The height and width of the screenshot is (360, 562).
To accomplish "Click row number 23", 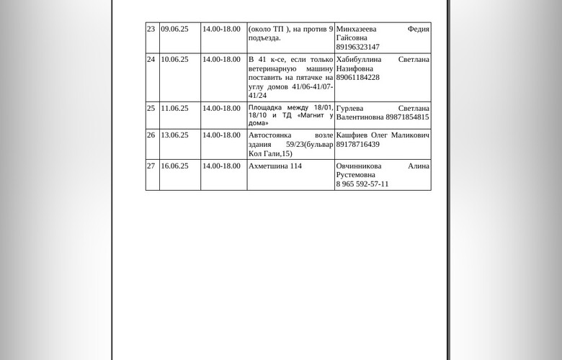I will coord(151,30).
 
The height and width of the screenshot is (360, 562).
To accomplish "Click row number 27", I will coord(151,166).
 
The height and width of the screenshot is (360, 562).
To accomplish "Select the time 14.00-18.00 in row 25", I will coord(221,109).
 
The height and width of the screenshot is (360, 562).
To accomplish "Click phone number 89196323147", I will coord(358,48).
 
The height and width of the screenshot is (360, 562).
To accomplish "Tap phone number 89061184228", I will coord(358,78).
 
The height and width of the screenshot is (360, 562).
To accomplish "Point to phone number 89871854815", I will coord(407,117).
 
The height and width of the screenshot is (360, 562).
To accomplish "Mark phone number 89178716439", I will coord(358,145).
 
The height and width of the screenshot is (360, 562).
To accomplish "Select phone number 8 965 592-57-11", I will coord(362,184).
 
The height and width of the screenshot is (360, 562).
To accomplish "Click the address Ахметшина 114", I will coord(275,166).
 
